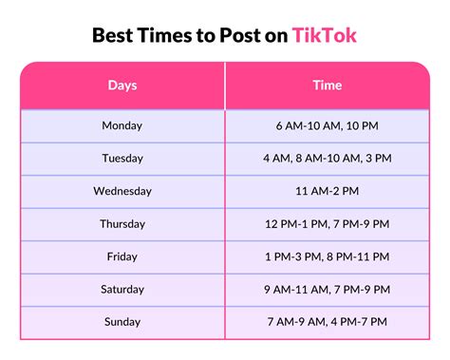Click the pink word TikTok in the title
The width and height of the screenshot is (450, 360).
coord(325,36)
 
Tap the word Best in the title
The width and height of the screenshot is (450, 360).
coord(113,36)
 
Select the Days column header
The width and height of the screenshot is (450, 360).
coord(122,85)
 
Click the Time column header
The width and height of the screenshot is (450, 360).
coord(328,85)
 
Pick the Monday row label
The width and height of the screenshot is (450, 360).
coord(122,125)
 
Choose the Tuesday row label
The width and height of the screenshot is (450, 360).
coord(122,159)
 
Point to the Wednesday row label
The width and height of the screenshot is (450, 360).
coord(122,191)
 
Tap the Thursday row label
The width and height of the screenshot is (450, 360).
coord(122,224)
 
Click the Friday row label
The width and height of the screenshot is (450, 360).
coord(122,256)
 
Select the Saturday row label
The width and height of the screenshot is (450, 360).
coord(122,290)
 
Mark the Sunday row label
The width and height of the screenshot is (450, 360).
coord(122,322)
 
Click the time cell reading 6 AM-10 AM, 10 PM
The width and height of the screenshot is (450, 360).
coord(328,125)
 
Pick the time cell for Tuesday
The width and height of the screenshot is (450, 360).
coord(328,159)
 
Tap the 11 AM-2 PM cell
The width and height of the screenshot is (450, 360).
coord(328,191)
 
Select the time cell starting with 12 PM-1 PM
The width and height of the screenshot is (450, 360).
coord(328,224)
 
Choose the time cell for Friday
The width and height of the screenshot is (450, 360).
coord(328,256)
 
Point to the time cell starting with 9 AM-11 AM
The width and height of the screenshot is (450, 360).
coord(328,290)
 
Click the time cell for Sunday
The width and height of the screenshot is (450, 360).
coord(328,322)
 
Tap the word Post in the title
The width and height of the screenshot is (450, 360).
coord(232,36)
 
